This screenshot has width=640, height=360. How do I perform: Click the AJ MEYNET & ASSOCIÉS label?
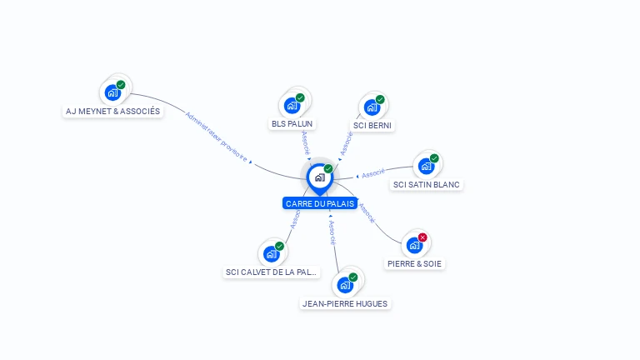click(113, 111)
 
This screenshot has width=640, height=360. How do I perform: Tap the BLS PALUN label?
click(292, 124)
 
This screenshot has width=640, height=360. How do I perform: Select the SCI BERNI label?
click(372, 125)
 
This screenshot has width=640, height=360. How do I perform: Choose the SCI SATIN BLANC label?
click(426, 184)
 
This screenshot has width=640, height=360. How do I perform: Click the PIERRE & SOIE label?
click(415, 263)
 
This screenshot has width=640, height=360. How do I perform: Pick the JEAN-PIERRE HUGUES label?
click(345, 303)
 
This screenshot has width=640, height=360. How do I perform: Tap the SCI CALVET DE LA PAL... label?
click(272, 272)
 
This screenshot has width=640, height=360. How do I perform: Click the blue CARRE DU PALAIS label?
click(320, 203)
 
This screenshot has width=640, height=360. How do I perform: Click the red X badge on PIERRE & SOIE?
click(422, 237)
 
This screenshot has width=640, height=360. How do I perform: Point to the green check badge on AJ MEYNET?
click(121, 85)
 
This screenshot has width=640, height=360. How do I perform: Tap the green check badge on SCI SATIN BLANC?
click(434, 158)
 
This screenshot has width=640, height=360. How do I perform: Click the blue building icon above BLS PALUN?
click(292, 105)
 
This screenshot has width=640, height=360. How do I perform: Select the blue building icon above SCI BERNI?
click(372, 107)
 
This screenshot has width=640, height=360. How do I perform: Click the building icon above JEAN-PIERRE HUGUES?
click(345, 285)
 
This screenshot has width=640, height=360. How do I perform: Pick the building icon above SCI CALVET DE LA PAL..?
click(271, 253)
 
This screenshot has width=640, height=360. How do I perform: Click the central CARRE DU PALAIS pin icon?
click(319, 177)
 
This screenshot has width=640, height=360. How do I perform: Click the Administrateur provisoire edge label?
click(217, 137)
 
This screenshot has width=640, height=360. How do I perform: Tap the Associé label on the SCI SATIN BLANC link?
click(373, 173)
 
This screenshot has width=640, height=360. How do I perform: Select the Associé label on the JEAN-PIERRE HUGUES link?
click(332, 232)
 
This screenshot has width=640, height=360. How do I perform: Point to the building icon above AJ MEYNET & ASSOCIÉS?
click(112, 92)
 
